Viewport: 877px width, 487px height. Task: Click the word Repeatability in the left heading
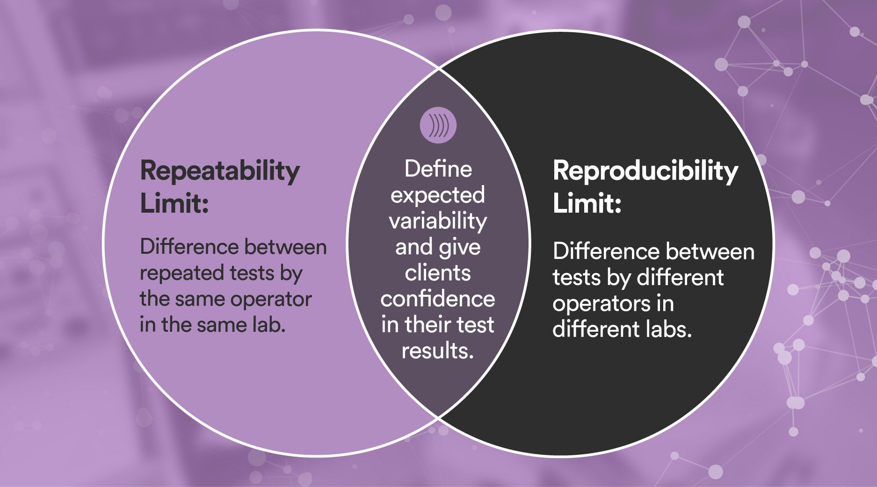[220, 172]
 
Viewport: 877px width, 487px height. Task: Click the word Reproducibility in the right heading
[645, 171]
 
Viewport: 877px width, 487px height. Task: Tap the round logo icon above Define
[438, 125]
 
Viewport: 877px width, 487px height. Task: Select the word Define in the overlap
[438, 169]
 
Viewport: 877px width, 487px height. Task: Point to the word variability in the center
[438, 221]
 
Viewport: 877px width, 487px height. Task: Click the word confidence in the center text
[438, 299]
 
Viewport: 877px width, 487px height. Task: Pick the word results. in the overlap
[438, 351]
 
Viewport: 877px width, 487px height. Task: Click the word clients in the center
[438, 273]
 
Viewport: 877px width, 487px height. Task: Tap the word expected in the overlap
[438, 195]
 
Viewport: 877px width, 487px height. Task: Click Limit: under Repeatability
[174, 204]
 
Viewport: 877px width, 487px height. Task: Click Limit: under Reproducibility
[587, 204]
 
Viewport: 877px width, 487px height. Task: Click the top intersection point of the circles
[439, 69]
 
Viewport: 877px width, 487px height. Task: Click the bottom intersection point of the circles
[439, 417]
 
